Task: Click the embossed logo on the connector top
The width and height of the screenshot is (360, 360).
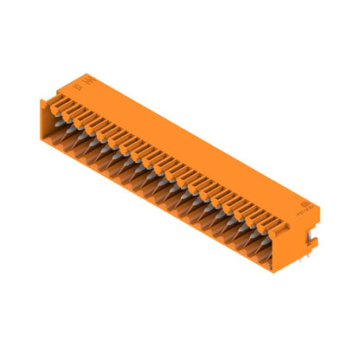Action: (94, 84)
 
